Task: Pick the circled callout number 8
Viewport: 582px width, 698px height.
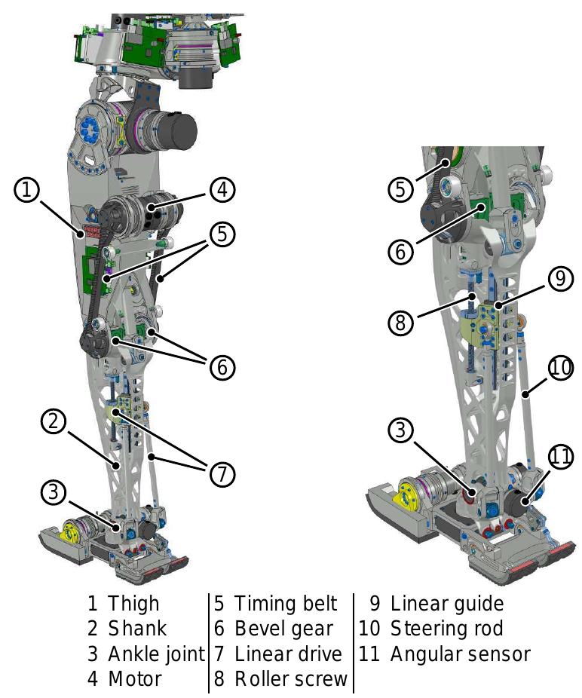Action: [402, 323]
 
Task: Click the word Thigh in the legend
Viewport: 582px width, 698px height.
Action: [133, 604]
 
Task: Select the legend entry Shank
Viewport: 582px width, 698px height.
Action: [136, 629]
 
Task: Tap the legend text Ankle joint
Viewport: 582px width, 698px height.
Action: [156, 654]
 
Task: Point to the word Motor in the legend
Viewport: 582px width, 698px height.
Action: [134, 678]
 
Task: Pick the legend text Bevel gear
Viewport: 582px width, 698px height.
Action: [283, 629]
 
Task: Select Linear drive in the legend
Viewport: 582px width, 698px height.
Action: [288, 654]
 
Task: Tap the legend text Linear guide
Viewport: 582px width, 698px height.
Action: [446, 604]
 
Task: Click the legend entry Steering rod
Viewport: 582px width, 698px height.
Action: [446, 629]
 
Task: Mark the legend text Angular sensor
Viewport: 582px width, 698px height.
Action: [460, 654]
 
